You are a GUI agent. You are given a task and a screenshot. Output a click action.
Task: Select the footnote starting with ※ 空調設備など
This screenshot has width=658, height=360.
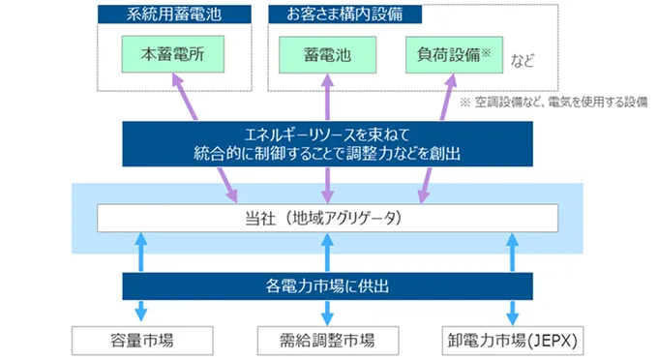[553, 101]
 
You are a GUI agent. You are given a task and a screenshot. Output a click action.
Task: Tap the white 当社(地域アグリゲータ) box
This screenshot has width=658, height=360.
[328, 219]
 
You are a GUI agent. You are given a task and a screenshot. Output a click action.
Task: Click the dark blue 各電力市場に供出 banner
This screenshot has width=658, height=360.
[328, 286]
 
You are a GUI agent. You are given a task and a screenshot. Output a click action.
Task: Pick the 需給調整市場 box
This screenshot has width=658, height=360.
[328, 339]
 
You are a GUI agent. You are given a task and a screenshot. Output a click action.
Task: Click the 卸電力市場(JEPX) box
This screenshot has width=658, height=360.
[511, 339]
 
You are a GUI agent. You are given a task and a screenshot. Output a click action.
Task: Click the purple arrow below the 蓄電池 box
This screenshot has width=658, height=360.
[328, 97]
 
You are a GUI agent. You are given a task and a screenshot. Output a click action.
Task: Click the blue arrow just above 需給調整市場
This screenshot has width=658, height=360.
[328, 312]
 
